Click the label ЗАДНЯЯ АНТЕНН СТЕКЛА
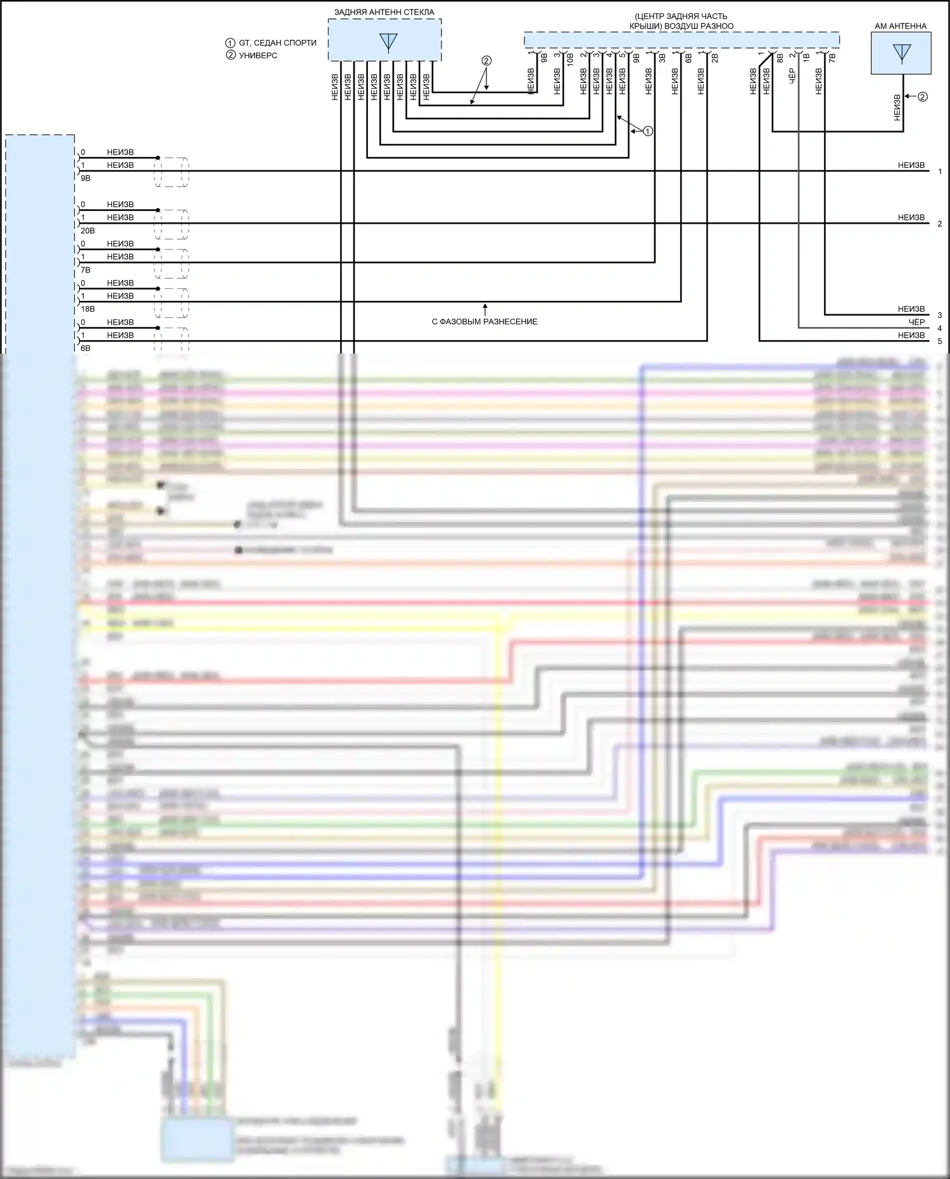(384, 12)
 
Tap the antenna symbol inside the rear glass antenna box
(388, 42)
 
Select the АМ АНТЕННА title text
(900, 26)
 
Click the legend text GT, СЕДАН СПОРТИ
(277, 43)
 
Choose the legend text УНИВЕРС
(258, 55)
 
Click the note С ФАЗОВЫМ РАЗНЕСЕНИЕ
(484, 322)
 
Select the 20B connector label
(87, 231)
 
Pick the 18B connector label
(87, 309)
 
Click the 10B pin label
(571, 60)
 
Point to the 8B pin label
(780, 57)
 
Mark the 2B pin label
(715, 57)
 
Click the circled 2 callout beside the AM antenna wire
(923, 97)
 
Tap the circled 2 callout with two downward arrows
(486, 61)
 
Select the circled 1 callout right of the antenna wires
(648, 131)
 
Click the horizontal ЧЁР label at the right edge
(916, 322)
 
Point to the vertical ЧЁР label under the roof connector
(792, 77)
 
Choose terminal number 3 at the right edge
(940, 315)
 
